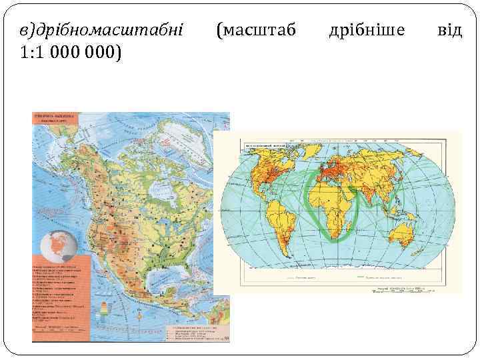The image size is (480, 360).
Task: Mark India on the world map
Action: pos(381,189)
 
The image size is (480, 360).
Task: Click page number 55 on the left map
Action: pos(226,339)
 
